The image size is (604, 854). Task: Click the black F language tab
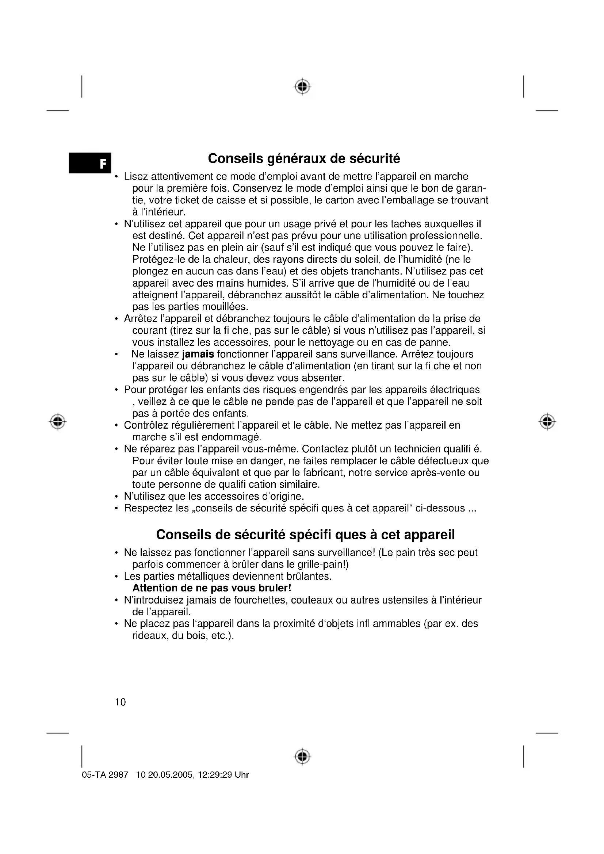point(90,163)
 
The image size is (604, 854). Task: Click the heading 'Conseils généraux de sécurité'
point(304,158)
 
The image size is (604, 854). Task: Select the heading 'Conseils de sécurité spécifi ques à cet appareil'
point(305,535)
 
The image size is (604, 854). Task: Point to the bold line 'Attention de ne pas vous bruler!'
point(212,588)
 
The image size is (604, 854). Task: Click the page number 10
point(121,702)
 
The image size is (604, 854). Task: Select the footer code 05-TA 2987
point(105,775)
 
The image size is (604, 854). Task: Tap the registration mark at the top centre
point(303,87)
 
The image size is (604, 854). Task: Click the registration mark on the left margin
point(58,422)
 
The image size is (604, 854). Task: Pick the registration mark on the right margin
point(547,422)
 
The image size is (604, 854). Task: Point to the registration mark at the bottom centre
point(303,757)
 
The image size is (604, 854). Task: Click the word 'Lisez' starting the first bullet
point(136,176)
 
